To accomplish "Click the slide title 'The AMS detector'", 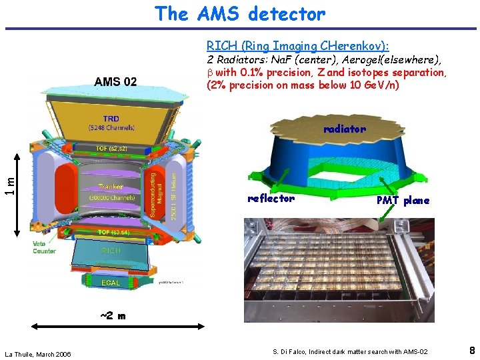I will tap(240, 13).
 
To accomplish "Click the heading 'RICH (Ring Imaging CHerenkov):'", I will tap(298, 46).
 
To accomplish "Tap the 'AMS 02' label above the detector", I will tap(115, 82).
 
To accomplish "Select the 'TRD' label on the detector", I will tap(111, 119).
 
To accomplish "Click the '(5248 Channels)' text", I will tap(111, 127).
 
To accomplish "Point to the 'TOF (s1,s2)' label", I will tap(111, 148).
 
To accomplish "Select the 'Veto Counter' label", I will tap(44, 247).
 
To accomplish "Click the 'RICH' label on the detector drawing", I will tap(111, 251).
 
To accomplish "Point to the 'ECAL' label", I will tap(111, 283).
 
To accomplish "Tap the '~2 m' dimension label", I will tap(112, 316).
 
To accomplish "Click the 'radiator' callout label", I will tap(344, 129).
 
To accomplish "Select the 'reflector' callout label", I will tap(271, 199).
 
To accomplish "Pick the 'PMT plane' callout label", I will tap(403, 200).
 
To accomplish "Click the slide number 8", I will tap(471, 350).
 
